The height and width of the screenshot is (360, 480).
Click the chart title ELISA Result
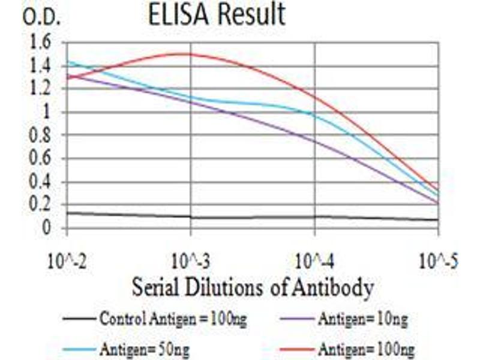tap(217, 16)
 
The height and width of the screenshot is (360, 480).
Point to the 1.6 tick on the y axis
tap(44, 43)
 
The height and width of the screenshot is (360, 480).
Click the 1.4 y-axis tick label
tap(44, 66)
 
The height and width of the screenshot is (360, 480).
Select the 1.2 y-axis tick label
tap(44, 89)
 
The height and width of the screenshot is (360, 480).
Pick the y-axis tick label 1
tap(51, 113)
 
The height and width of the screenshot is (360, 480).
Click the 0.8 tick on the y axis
tap(44, 136)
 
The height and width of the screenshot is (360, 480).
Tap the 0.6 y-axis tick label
tap(44, 159)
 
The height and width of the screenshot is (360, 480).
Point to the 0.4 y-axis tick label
tap(44, 182)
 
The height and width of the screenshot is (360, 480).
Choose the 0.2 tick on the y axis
tap(44, 205)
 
